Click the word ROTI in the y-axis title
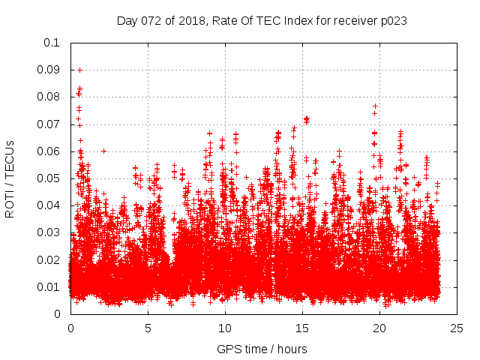click(10, 205)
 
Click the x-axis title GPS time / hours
click(262, 349)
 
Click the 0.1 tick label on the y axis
click(53, 43)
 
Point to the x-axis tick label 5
click(148, 328)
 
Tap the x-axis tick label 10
click(225, 328)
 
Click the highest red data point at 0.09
click(80, 70)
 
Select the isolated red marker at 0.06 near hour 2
click(103, 151)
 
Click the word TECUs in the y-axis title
click(10, 160)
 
